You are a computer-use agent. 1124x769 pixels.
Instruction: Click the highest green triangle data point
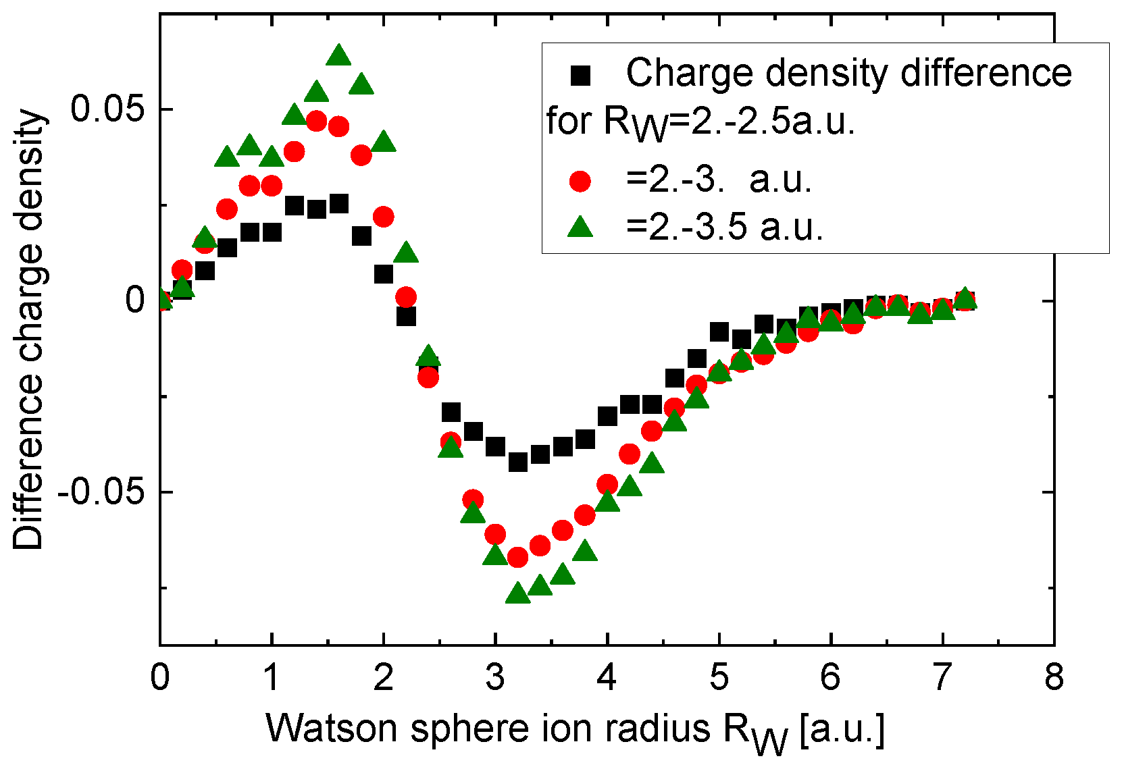(338, 56)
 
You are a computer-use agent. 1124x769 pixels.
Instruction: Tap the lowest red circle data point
(518, 558)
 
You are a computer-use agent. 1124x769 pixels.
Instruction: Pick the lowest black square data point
(518, 462)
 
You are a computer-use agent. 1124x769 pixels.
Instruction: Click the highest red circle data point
(316, 122)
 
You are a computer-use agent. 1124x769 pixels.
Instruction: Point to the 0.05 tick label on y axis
(109, 109)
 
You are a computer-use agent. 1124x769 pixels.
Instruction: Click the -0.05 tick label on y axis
(101, 493)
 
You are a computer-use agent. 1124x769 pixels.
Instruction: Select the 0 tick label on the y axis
(136, 300)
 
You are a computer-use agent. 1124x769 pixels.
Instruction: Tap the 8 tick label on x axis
(1054, 677)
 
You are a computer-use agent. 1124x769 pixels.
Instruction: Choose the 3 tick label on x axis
(495, 677)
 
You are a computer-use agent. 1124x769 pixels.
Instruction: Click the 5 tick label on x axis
(719, 677)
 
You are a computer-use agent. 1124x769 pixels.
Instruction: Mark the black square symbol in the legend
(580, 76)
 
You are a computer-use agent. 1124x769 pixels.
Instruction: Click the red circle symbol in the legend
(580, 181)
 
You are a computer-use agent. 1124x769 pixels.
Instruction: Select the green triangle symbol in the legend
(580, 228)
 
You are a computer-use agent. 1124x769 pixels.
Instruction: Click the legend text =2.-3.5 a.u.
(725, 228)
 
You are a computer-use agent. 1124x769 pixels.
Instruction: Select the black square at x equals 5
(719, 332)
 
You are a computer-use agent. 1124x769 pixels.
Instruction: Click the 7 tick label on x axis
(942, 677)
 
